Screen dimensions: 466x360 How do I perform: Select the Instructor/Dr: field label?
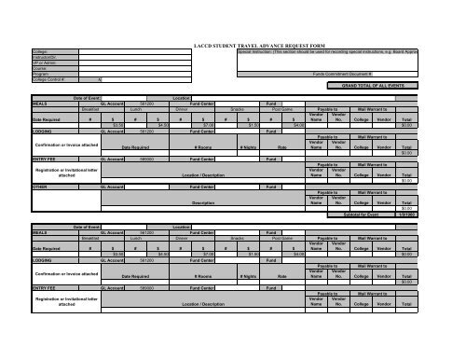coord(46,57)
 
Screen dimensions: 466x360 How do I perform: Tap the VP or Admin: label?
coord(44,62)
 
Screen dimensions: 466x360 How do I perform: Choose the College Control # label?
coord(48,79)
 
